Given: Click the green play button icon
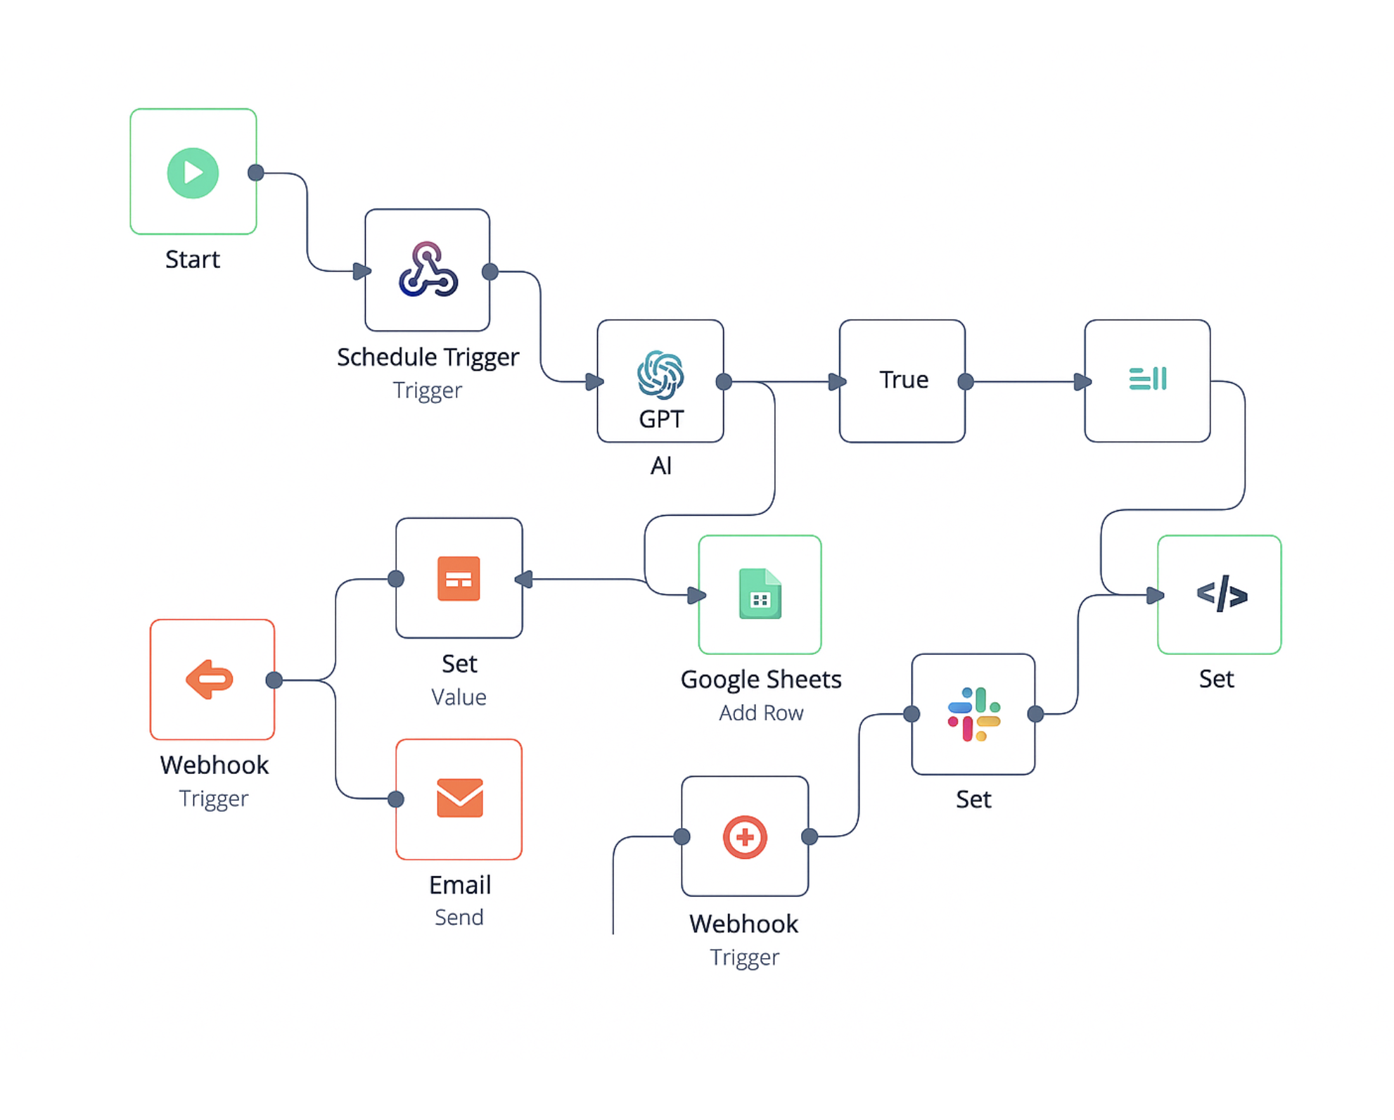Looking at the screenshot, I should pyautogui.click(x=193, y=173).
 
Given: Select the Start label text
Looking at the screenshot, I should pyautogui.click(x=193, y=260).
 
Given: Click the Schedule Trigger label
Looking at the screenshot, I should pyautogui.click(x=428, y=357).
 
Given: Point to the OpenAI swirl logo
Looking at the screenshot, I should pyautogui.click(x=660, y=374).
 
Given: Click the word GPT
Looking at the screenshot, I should pyautogui.click(x=660, y=419).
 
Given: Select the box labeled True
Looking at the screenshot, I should pyautogui.click(x=902, y=381).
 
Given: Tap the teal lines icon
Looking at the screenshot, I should pyautogui.click(x=1147, y=378).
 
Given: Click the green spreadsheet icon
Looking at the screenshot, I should pyautogui.click(x=760, y=594).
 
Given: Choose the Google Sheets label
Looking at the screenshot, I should pyautogui.click(x=761, y=680).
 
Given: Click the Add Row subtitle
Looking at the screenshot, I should pyautogui.click(x=761, y=713).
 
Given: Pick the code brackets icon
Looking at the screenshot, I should pyautogui.click(x=1222, y=594).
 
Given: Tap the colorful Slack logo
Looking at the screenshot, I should pyautogui.click(x=973, y=714).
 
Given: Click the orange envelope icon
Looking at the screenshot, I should pyautogui.click(x=459, y=798).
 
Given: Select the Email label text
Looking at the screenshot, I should pyautogui.click(x=459, y=885).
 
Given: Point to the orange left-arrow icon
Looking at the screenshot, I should pyautogui.click(x=210, y=680).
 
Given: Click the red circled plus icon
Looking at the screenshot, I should pyautogui.click(x=745, y=837).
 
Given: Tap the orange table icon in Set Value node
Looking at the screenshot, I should pyautogui.click(x=459, y=579).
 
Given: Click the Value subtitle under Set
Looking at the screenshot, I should pyautogui.click(x=459, y=697).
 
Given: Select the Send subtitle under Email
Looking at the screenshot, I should pyautogui.click(x=459, y=917).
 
